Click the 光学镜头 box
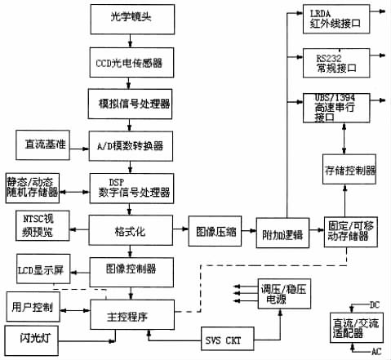(x=131, y=16)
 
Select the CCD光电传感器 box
(x=131, y=60)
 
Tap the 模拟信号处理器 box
(x=131, y=104)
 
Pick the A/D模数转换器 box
(x=131, y=146)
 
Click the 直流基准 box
(x=41, y=145)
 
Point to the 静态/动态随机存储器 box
(x=33, y=186)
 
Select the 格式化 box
(x=131, y=231)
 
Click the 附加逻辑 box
(x=279, y=232)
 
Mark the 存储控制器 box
(x=349, y=171)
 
